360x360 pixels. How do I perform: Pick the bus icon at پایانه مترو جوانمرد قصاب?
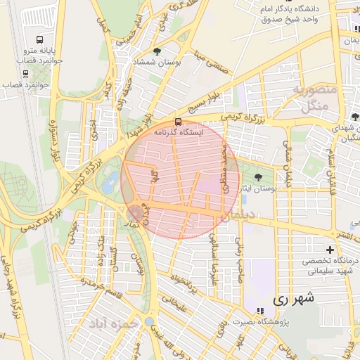[40, 40]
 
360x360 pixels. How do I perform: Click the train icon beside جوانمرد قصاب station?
[25, 71]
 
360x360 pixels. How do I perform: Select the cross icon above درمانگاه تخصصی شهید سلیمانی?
[330, 250]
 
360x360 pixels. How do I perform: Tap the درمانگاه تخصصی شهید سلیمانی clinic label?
[330, 266]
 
